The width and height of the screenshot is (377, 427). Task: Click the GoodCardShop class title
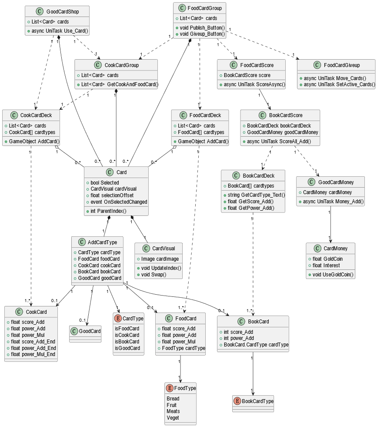point(62,11)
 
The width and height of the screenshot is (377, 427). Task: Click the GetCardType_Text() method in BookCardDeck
point(256,195)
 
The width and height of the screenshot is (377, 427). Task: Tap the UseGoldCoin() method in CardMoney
point(333,275)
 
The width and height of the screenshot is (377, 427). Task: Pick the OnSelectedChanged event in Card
point(118,202)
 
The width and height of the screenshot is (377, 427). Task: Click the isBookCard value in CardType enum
point(127,342)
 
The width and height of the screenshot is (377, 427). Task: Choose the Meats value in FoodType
point(173,411)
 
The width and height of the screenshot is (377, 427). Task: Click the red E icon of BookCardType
point(237,401)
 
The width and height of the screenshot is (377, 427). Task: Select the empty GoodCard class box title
point(90,331)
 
